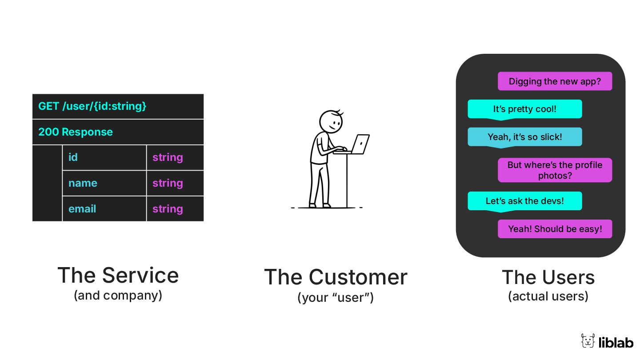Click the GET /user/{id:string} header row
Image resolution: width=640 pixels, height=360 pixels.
(x=118, y=106)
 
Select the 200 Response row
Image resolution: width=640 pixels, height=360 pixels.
(x=118, y=132)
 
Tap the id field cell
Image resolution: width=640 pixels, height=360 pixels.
(x=104, y=157)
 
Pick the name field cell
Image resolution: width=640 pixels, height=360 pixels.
(x=104, y=183)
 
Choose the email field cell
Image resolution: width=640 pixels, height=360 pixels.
(x=104, y=209)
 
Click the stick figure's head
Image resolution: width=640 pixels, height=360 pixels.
(x=331, y=121)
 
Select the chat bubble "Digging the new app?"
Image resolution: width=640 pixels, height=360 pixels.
(x=555, y=81)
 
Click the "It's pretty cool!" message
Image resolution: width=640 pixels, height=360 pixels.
(x=524, y=109)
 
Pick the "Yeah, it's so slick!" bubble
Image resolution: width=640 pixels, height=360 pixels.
(x=524, y=137)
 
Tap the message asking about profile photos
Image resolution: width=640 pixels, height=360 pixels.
(x=555, y=170)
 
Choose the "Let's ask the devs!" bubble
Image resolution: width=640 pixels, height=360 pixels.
(x=524, y=201)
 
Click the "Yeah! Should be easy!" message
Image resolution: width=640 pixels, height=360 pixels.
(x=555, y=229)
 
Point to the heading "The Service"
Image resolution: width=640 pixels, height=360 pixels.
(x=118, y=275)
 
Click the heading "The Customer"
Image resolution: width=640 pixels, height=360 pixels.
(x=336, y=277)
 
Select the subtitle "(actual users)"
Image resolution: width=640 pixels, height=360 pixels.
(x=548, y=296)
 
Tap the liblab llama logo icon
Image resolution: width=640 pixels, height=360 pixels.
(x=588, y=341)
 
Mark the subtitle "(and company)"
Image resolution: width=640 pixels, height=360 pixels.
(x=118, y=295)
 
